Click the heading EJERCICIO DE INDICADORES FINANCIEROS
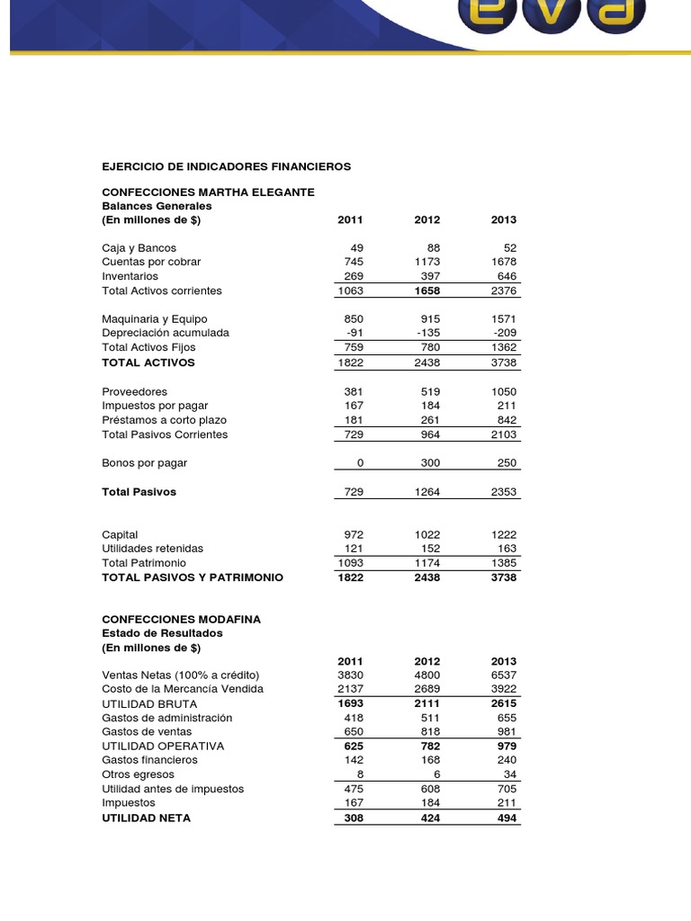[226, 166]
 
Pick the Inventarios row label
[130, 276]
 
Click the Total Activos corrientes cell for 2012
[427, 291]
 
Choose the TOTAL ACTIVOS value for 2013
[504, 362]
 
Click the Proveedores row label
[134, 391]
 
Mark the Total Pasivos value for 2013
[504, 492]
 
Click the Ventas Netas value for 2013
[504, 675]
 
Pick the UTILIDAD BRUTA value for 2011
[349, 703]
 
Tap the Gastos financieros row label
[149, 760]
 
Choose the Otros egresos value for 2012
[436, 774]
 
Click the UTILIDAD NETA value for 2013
[507, 818]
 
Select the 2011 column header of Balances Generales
[349, 219]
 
